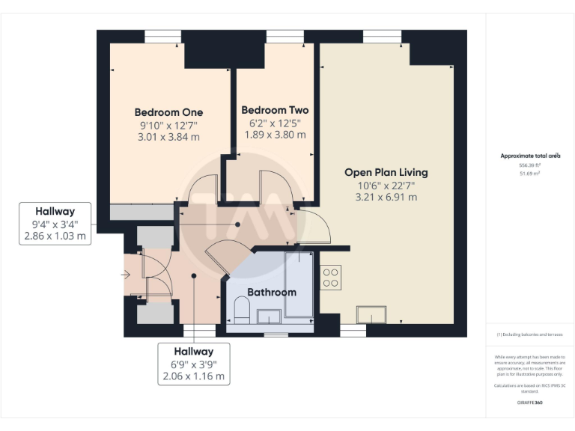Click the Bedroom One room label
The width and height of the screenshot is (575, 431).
pos(168,112)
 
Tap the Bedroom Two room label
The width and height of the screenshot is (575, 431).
pos(275,110)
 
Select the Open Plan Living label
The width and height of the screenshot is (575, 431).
pos(386,172)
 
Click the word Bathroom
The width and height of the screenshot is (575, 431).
pos(272,292)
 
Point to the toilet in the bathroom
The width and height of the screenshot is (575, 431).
pos(242,308)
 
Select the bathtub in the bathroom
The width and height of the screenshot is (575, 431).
pos(300,284)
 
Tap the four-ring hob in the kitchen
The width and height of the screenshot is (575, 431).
pos(331,278)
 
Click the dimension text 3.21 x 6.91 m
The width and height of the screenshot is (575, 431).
pos(386,198)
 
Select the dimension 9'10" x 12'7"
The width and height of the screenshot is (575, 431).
pos(168,125)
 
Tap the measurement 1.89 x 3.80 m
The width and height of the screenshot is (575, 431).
pos(275,135)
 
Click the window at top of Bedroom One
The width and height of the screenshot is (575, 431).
pos(162,36)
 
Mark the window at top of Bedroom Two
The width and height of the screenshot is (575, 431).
pos(279,36)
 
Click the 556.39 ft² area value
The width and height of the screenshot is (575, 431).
pos(529,165)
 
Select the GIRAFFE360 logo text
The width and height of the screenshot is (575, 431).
pos(529,403)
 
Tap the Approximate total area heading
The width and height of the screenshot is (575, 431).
pos(529,156)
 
